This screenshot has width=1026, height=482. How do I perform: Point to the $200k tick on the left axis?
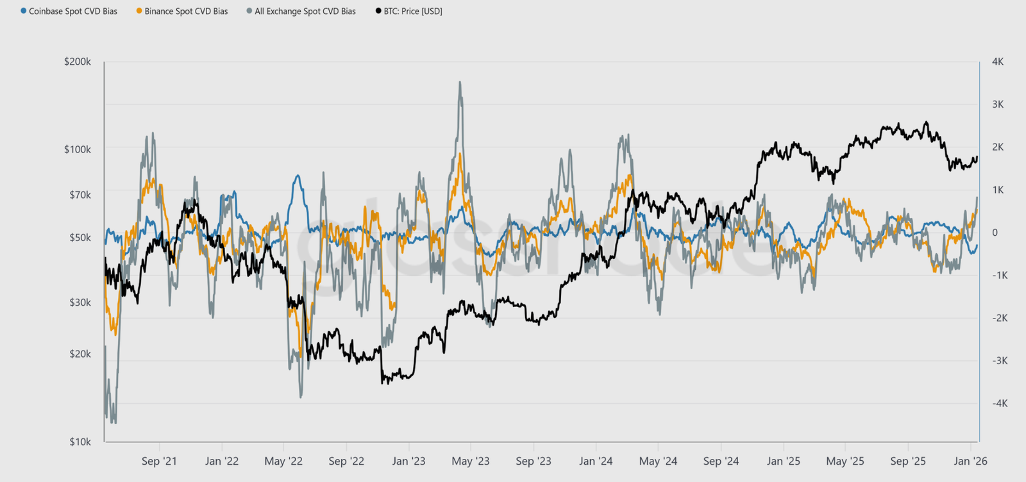click(x=78, y=62)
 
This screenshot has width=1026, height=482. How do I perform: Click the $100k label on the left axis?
click(x=78, y=149)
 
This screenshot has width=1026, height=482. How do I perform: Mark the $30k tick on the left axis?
click(x=80, y=302)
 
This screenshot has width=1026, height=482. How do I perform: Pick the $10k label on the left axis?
click(x=80, y=442)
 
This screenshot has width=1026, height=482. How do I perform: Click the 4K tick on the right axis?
click(x=998, y=62)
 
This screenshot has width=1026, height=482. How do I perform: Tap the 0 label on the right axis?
click(x=995, y=233)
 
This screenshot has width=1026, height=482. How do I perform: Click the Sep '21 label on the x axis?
click(x=159, y=461)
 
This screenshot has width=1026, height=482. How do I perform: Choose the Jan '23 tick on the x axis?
click(x=408, y=461)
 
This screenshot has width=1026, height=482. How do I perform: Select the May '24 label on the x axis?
click(x=658, y=461)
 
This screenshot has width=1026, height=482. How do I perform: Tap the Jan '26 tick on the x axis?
click(x=970, y=461)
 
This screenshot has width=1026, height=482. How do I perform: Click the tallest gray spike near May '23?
click(x=460, y=83)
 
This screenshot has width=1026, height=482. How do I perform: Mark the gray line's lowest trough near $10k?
click(x=114, y=422)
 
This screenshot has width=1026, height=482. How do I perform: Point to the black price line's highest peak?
click(x=925, y=122)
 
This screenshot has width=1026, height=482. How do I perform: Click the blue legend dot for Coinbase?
click(x=24, y=12)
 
